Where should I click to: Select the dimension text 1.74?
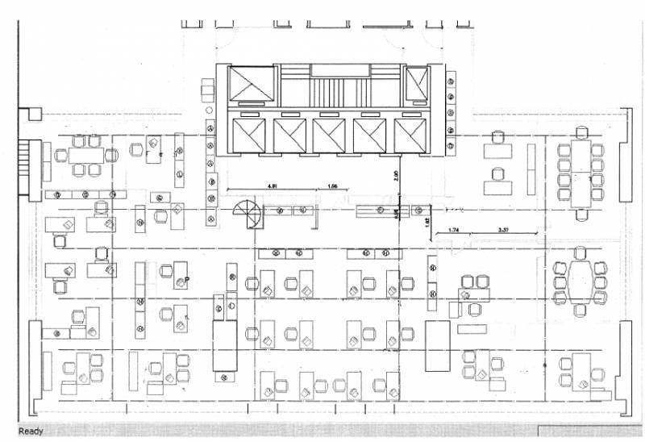point(454,230)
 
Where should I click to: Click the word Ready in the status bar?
point(31,432)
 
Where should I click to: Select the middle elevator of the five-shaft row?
point(330,135)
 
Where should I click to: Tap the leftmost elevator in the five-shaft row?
point(250,135)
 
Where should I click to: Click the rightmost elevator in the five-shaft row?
point(410,135)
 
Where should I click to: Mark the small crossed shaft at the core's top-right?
point(417,82)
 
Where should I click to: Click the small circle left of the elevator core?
point(208,108)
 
